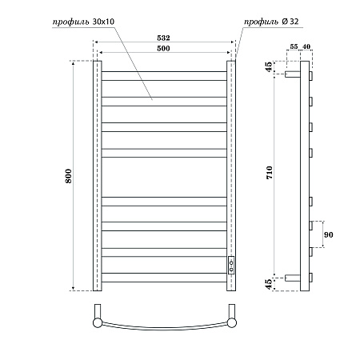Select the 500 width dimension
162,49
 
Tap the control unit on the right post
231,265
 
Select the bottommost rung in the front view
164,278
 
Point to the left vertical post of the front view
98,174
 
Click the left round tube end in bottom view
98,322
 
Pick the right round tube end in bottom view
231,322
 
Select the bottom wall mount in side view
293,278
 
